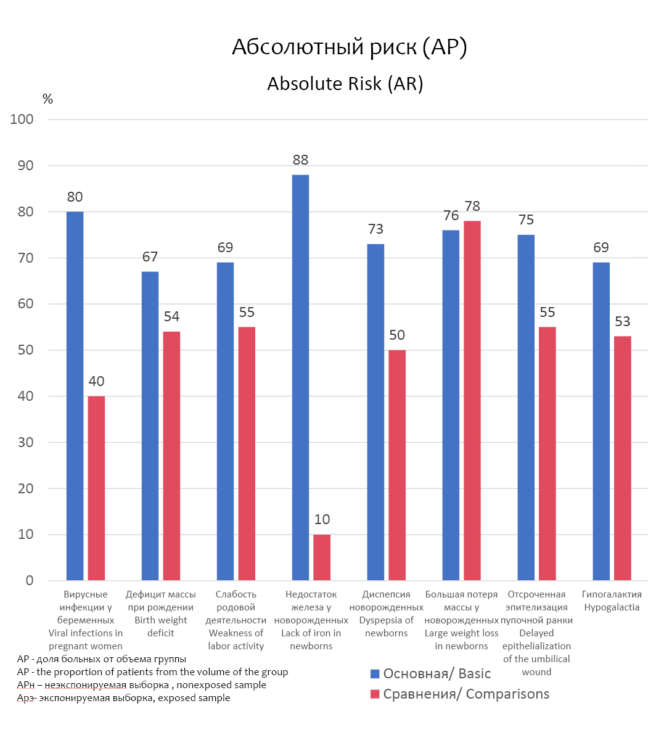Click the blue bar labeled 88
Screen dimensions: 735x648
pyautogui.click(x=300, y=377)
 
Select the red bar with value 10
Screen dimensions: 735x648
pyautogui.click(x=322, y=557)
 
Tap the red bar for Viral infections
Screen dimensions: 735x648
pyautogui.click(x=96, y=488)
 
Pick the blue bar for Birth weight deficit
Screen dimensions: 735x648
pyautogui.click(x=150, y=425)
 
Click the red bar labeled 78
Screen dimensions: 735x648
pyautogui.click(x=472, y=400)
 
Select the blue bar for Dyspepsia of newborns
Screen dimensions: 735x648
pyautogui.click(x=375, y=412)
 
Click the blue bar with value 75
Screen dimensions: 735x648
pyautogui.click(x=526, y=408)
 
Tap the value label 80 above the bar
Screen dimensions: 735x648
pyautogui.click(x=75, y=197)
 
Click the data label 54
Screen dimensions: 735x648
pyautogui.click(x=171, y=317)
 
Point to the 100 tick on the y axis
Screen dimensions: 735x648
pyautogui.click(x=22, y=120)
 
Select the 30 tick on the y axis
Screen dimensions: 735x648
pyautogui.click(x=25, y=443)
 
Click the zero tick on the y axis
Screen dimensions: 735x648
pyautogui.click(x=29, y=581)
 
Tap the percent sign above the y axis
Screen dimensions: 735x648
pyautogui.click(x=47, y=99)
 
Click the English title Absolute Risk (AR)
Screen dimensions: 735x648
pyautogui.click(x=345, y=84)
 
